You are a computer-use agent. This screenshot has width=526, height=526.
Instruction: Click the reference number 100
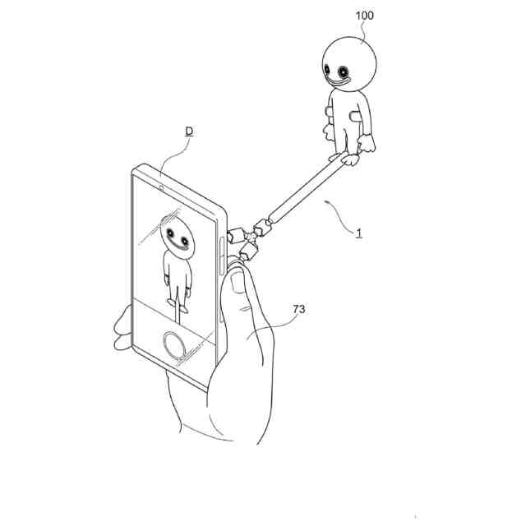click(x=363, y=16)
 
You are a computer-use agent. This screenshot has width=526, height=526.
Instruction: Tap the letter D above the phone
click(x=188, y=131)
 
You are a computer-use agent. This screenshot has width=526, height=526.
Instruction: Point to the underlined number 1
click(x=359, y=233)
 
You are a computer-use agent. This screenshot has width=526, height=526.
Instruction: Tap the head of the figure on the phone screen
click(x=175, y=233)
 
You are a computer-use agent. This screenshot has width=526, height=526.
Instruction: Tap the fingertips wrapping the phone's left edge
click(x=122, y=325)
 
